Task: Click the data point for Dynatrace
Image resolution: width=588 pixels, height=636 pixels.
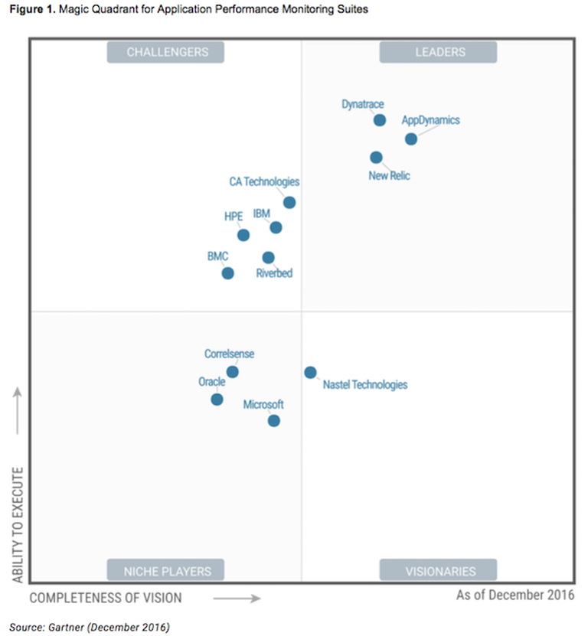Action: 379,120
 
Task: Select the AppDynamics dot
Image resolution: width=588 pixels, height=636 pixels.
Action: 411,139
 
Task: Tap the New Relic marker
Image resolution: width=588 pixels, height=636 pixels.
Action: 376,157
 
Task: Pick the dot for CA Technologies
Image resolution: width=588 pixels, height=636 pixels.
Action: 289,202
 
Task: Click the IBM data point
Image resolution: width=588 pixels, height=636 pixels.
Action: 276,227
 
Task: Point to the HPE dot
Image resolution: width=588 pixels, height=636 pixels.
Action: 243,235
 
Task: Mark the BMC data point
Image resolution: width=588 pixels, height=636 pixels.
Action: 227,273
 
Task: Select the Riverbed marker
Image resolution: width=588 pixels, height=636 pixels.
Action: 268,257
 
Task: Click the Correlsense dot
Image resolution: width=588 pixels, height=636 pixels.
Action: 232,372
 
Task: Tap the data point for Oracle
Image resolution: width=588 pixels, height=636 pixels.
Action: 217,400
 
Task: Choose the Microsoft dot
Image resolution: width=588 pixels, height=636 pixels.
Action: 273,421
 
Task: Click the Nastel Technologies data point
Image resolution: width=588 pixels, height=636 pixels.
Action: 310,373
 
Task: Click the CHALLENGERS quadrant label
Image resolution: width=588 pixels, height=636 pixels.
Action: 165,52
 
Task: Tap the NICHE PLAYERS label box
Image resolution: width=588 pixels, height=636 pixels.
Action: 165,570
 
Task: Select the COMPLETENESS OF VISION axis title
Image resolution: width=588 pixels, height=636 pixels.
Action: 106,597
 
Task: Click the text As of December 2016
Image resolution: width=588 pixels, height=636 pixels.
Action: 514,595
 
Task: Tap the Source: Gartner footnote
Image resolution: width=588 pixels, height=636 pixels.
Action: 89,627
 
